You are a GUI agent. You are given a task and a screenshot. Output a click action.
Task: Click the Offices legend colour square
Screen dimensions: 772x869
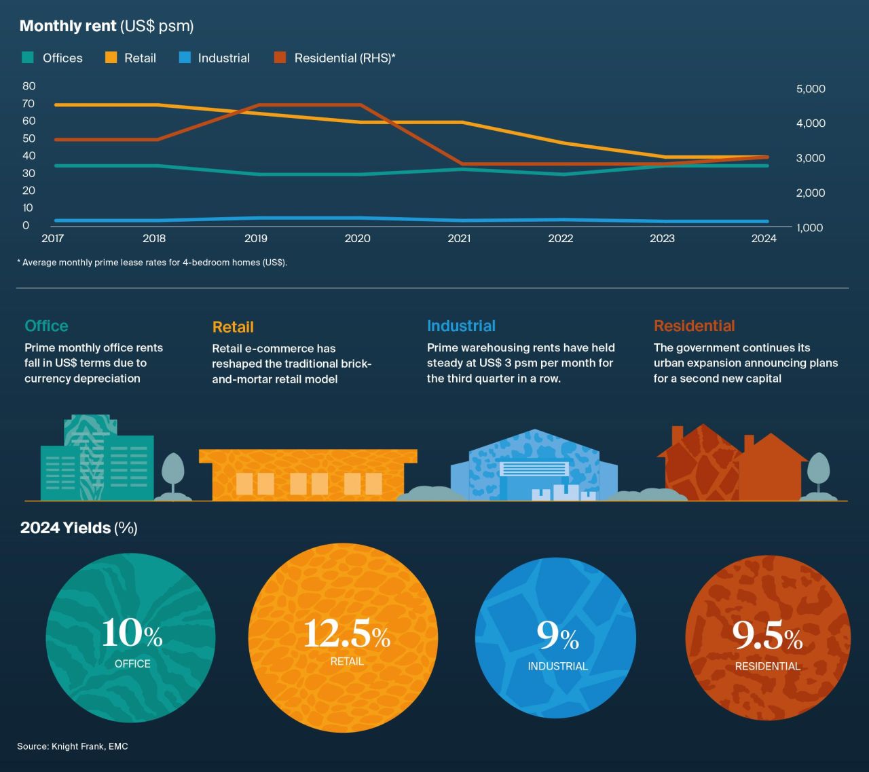pyautogui.click(x=28, y=58)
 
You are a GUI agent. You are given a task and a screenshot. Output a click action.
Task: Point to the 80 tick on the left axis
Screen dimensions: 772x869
pyautogui.click(x=29, y=86)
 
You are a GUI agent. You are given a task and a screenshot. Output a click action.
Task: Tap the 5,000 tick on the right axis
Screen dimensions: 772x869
pyautogui.click(x=811, y=89)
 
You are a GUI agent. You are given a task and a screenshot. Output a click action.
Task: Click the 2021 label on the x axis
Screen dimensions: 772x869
pyautogui.click(x=459, y=239)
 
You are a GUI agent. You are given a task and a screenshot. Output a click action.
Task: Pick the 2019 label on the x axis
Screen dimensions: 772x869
pyautogui.click(x=256, y=239)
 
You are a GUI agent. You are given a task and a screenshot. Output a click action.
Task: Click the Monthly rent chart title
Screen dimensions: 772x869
pyautogui.click(x=107, y=26)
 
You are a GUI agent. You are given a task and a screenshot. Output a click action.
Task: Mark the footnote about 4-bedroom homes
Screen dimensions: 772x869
pyautogui.click(x=152, y=263)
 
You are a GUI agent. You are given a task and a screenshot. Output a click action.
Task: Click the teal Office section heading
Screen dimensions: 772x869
pyautogui.click(x=46, y=326)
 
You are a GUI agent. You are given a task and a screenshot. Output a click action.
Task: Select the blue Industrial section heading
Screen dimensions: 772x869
pyautogui.click(x=461, y=326)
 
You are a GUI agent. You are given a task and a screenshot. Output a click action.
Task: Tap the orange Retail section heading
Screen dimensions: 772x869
pyautogui.click(x=233, y=327)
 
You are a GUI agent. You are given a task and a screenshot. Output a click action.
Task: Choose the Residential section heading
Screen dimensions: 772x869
pyautogui.click(x=694, y=326)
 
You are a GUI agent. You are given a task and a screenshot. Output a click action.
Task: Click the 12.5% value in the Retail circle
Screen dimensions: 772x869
pyautogui.click(x=346, y=634)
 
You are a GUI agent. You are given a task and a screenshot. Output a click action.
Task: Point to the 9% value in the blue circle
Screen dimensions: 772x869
pyautogui.click(x=557, y=636)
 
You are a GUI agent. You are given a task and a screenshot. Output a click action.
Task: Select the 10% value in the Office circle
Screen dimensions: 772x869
pyautogui.click(x=132, y=634)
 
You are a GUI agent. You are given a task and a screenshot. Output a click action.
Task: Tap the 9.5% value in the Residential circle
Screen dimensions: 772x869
pyautogui.click(x=767, y=636)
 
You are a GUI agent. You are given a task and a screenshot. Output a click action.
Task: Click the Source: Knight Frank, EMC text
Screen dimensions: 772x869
pyautogui.click(x=73, y=746)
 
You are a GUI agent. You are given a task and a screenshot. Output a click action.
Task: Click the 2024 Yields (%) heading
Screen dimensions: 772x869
pyautogui.click(x=79, y=528)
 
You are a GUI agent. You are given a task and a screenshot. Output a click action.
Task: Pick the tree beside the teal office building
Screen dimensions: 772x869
pyautogui.click(x=172, y=472)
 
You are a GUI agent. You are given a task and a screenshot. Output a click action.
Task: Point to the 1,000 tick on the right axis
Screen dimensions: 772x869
pyautogui.click(x=811, y=228)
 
